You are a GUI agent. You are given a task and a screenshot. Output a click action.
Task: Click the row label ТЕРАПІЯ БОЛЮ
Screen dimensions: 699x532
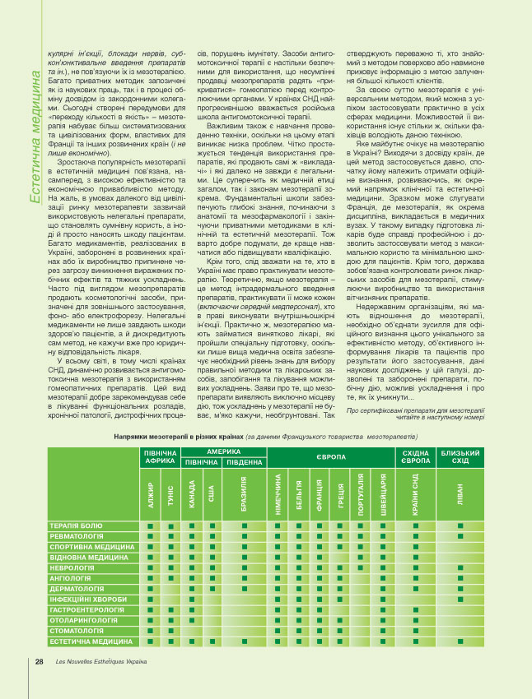click(x=76, y=525)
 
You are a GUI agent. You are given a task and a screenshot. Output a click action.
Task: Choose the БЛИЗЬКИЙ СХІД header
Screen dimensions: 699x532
click(x=461, y=456)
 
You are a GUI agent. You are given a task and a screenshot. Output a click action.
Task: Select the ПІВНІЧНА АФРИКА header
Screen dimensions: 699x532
click(x=161, y=456)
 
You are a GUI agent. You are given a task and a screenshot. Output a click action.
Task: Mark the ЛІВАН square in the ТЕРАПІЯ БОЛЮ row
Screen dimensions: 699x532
click(x=460, y=525)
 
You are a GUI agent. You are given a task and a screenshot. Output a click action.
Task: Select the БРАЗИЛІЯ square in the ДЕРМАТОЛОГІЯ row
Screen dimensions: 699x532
click(x=245, y=589)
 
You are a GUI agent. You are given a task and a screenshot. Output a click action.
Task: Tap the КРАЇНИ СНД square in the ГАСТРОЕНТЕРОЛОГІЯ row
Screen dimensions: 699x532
click(x=416, y=610)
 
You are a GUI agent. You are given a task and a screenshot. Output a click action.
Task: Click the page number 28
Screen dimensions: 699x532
click(x=39, y=662)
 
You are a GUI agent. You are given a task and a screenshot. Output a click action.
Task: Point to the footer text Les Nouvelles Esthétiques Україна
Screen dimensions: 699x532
click(x=100, y=662)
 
